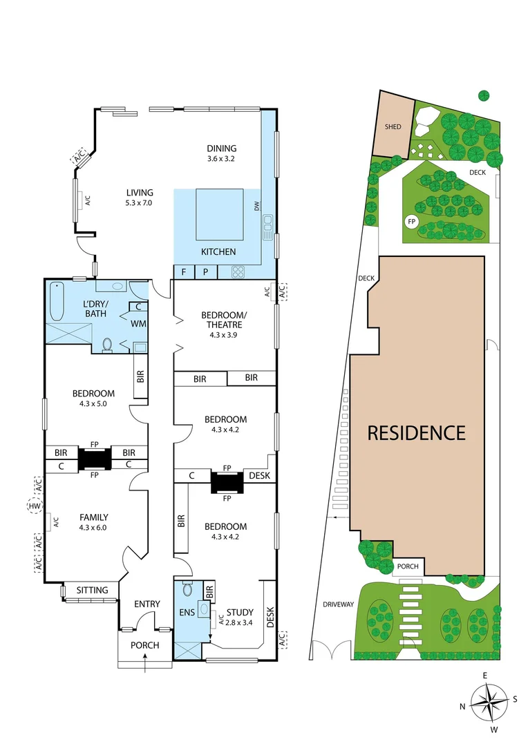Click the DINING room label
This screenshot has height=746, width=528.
pos(221,148)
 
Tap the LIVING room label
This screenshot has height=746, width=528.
pos(139,193)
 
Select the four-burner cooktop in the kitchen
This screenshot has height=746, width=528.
pos(238,272)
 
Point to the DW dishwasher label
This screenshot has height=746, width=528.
pos(256,205)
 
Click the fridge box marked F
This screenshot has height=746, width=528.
pos(183,272)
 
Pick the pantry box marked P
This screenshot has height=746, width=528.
pos(206,272)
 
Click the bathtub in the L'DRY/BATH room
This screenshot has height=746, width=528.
pos(57,300)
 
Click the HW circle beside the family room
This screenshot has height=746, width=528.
pos(32,507)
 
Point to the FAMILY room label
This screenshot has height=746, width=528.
pos(93,517)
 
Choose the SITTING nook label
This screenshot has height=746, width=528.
pos(92,591)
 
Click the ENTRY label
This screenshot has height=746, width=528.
pos(147,604)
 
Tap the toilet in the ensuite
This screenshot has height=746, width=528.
pos(187,589)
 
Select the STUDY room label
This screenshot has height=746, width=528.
pos(239,612)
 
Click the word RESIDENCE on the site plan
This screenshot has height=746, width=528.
pos(416,433)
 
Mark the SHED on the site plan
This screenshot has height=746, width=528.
pos(393,127)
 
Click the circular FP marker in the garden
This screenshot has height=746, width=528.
pos(411,222)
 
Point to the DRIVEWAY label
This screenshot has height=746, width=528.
pos(337,604)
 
